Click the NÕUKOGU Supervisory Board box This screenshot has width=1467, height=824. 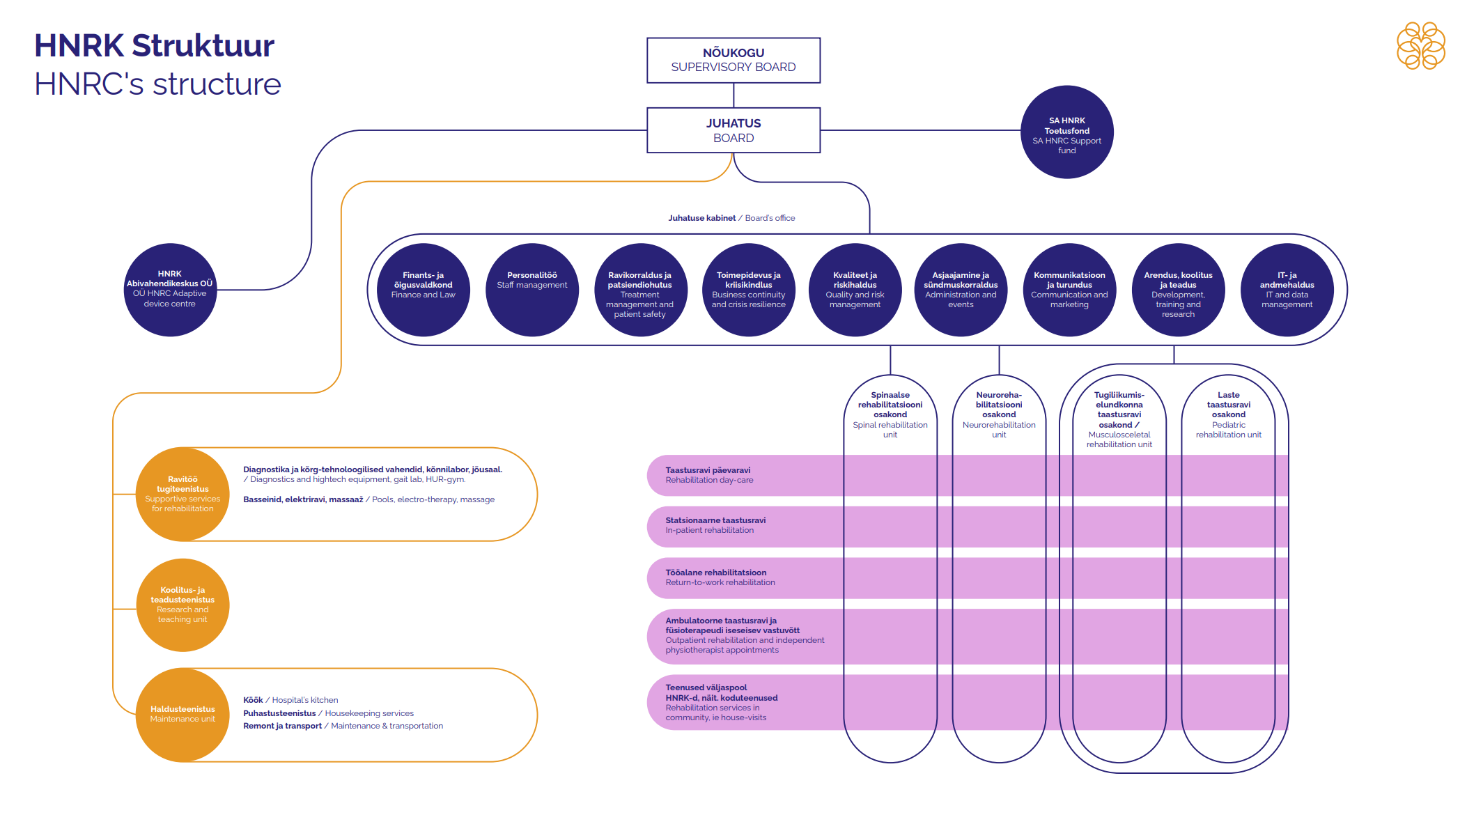[733, 60]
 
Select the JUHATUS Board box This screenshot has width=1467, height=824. [733, 130]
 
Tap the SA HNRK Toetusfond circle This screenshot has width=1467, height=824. [1066, 132]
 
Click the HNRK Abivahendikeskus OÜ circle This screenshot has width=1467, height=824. [170, 290]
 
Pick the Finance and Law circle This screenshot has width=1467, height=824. [423, 290]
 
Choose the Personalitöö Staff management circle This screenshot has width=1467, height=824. [531, 290]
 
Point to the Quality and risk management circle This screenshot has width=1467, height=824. [855, 290]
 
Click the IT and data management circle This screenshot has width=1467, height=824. [1287, 290]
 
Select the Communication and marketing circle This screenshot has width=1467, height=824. [1069, 290]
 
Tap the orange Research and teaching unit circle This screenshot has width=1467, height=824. [183, 605]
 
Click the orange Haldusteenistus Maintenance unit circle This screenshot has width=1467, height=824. [183, 715]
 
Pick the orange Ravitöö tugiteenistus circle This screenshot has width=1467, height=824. [183, 494]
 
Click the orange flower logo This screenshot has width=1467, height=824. [1420, 46]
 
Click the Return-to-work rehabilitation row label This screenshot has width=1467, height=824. [720, 577]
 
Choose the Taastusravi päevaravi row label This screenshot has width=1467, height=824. [709, 475]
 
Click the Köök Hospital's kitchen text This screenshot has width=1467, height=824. [290, 700]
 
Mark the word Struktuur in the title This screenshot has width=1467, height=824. [203, 46]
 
